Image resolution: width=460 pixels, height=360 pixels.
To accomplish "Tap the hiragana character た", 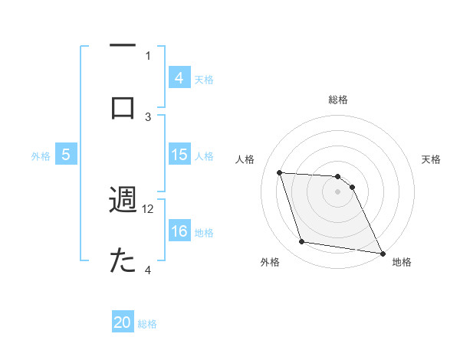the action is tap(123, 261).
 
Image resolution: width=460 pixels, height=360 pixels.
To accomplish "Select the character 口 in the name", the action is tap(123, 106).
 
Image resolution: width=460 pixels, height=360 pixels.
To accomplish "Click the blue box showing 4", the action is tap(179, 77).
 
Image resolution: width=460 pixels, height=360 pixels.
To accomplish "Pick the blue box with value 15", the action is tap(179, 155).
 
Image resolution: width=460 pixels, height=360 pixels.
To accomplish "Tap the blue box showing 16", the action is tap(179, 231).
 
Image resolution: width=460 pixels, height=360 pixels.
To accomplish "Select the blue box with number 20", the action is tap(123, 322).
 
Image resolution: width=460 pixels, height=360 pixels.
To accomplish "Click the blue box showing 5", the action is tap(66, 155).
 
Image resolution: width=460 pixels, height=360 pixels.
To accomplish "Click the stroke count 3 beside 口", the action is tap(149, 116).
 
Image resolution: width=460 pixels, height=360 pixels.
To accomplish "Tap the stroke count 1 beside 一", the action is tap(149, 55).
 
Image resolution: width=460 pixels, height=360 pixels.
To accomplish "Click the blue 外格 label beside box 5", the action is tap(41, 155).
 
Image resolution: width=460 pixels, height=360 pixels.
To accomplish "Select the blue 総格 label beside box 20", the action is tap(147, 323).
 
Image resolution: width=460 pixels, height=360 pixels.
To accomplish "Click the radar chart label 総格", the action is tap(337, 100).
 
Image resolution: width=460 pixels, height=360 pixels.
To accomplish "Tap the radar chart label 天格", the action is tap(432, 159).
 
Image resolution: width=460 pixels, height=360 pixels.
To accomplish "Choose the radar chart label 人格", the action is tap(245, 159).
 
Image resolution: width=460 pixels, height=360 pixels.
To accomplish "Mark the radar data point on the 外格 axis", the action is tap(302, 242).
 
